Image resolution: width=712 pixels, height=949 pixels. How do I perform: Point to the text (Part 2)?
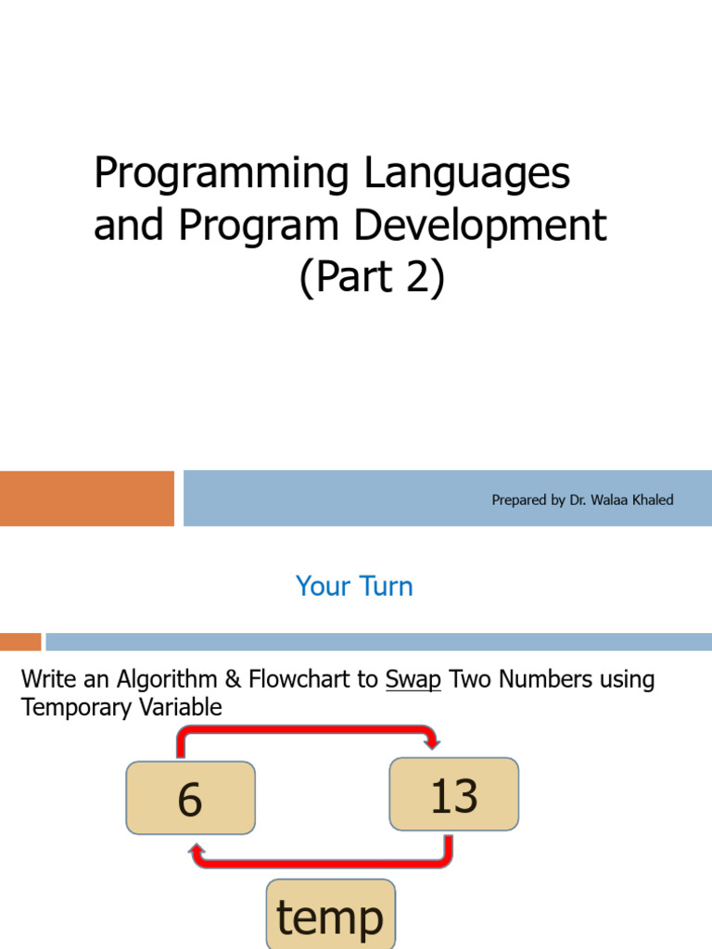tap(372, 277)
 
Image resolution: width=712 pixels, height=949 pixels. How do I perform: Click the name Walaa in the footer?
tap(606, 500)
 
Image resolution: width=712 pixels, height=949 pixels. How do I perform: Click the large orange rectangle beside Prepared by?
tap(86, 498)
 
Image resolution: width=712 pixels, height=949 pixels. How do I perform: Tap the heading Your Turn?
tap(354, 586)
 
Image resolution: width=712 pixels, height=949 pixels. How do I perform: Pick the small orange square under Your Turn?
tap(20, 641)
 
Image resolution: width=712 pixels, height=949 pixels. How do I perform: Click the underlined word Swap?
tap(413, 679)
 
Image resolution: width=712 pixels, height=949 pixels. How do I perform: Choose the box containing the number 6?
tap(190, 798)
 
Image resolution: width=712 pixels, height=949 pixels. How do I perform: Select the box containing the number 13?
tap(454, 794)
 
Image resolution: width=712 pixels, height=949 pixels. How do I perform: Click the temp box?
tap(330, 916)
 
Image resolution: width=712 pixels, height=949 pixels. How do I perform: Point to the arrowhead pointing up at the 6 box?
tap(197, 849)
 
